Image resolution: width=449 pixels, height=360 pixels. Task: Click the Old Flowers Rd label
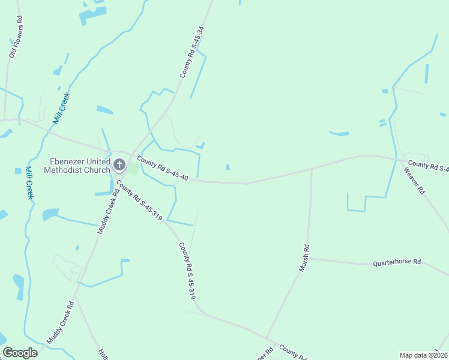pos(15,37)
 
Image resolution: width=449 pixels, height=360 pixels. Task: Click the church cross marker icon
pos(119,164)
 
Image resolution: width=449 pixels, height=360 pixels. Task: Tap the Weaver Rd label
pos(414,181)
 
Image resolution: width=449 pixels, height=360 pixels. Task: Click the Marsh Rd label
pos(305,258)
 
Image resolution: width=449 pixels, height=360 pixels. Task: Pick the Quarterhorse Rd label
pos(397,263)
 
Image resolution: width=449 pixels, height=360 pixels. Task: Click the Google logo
pos(20,353)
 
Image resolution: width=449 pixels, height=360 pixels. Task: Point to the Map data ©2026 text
pos(423,355)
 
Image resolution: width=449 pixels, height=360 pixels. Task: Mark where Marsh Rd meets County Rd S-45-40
pos(312,169)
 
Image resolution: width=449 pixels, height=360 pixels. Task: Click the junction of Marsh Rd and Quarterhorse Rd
pos(307,259)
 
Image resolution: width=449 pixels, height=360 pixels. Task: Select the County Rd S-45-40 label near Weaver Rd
pos(428,166)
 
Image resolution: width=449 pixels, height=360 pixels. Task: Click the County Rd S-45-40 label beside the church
pos(163,169)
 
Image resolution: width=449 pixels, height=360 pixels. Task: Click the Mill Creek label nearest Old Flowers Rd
pos(62,107)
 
